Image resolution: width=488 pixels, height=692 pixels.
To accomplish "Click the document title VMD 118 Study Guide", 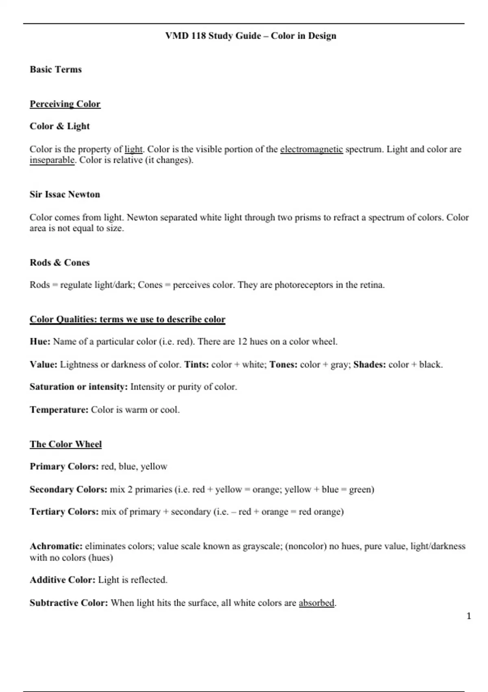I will coord(251,36).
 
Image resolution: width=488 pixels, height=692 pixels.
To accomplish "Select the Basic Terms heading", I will coord(56,70).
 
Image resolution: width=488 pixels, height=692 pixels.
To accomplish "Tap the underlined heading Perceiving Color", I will coord(65,104).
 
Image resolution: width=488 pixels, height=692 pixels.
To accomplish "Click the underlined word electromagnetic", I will coord(311,149).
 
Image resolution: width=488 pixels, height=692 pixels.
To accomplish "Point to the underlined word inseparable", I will coord(52,160).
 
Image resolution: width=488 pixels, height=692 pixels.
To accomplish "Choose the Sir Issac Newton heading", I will coord(65,195).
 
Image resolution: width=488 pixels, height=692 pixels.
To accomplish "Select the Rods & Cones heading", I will coord(60,263).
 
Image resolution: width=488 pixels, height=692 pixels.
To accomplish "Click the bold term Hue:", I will coord(40,342).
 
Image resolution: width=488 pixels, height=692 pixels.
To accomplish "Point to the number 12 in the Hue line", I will coord(242,342).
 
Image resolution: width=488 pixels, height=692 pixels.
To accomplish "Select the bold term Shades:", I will coord(370,364).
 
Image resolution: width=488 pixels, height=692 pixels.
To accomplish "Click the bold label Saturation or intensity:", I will coord(79,387).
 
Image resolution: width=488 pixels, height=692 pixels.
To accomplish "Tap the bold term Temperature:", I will coord(59,410).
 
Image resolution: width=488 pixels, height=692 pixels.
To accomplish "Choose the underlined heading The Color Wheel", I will coord(65,444).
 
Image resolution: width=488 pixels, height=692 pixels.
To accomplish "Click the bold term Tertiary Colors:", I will coord(64,512).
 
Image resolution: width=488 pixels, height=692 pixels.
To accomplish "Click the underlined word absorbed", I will coord(316,603).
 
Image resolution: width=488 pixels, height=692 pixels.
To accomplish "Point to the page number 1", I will coord(468,616).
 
